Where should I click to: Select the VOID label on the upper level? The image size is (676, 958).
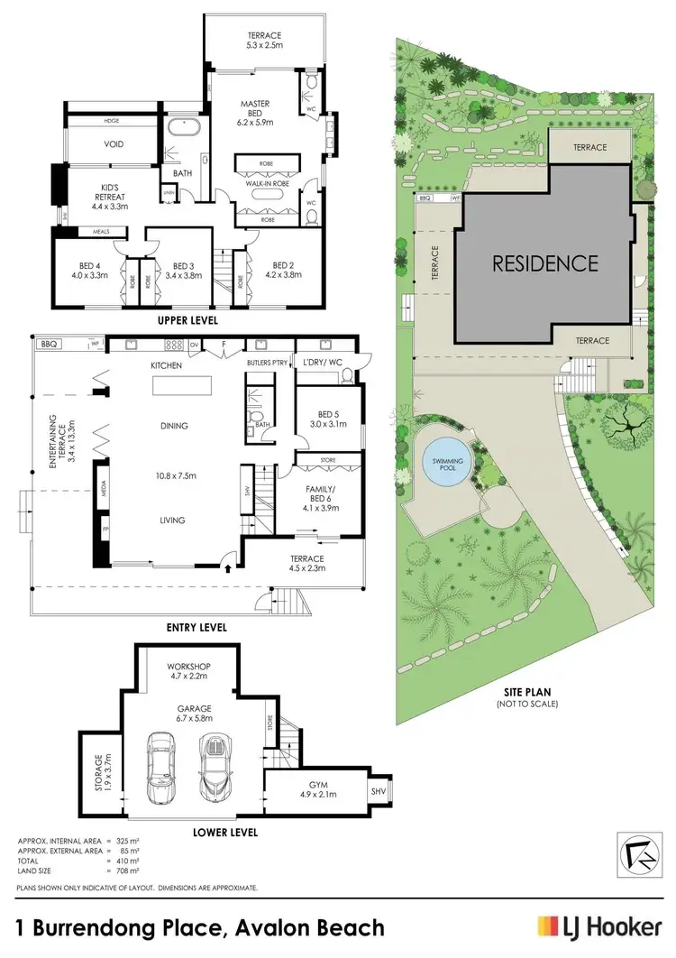pos(114,144)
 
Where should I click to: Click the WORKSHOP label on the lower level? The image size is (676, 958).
pos(189,668)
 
